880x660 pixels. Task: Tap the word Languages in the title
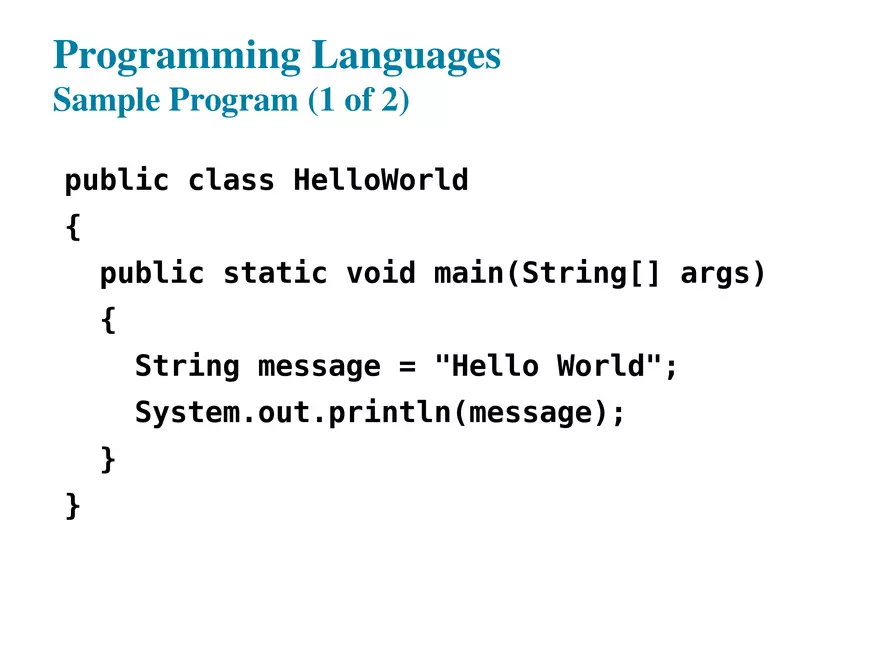pyautogui.click(x=407, y=56)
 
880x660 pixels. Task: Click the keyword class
pyautogui.click(x=231, y=181)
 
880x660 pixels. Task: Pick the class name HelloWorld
pyautogui.click(x=380, y=181)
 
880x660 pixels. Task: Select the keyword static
pyautogui.click(x=275, y=273)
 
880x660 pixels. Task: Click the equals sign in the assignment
pyautogui.click(x=407, y=366)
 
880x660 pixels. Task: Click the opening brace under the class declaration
pyautogui.click(x=72, y=228)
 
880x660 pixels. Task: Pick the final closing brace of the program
pyautogui.click(x=72, y=506)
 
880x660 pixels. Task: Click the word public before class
pyautogui.click(x=117, y=181)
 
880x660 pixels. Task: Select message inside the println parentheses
pyautogui.click(x=530, y=412)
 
